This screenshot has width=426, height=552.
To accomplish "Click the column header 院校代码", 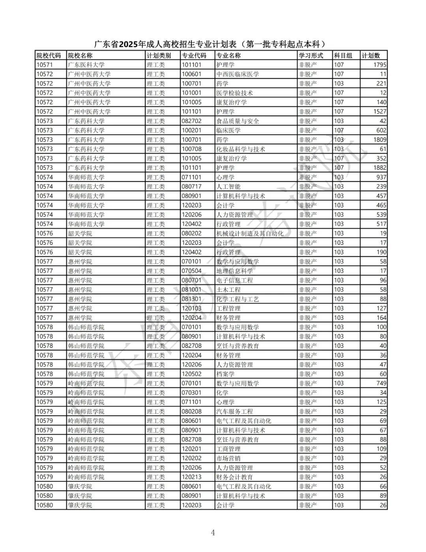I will [x=49, y=56].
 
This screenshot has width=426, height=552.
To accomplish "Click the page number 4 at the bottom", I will [x=213, y=533].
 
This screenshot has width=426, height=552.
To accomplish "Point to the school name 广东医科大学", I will [x=86, y=65].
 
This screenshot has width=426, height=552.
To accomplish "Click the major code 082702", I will [x=192, y=121].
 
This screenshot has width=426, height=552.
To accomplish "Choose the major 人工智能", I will [x=228, y=187].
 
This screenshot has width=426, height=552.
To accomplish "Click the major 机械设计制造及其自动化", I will [x=250, y=234].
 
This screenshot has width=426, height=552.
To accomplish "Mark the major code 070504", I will [x=192, y=271].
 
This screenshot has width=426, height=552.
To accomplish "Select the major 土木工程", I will [x=228, y=290].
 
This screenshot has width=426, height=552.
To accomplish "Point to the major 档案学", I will [x=225, y=374].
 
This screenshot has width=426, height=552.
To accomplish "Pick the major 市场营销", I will [x=228, y=458].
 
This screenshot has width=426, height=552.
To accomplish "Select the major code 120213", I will [x=192, y=477].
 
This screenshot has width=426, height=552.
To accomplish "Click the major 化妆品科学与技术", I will [x=241, y=149].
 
